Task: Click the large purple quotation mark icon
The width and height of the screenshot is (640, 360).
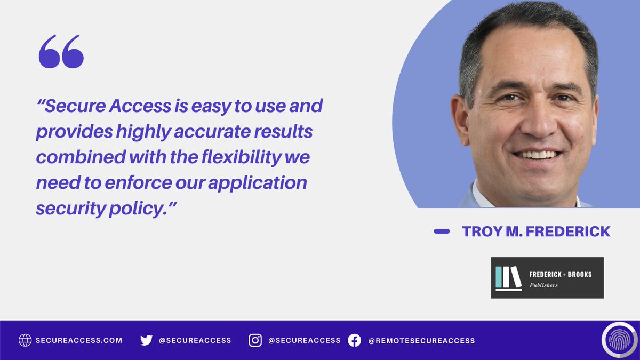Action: click(61, 52)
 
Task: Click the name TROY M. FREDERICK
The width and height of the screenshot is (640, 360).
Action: click(536, 231)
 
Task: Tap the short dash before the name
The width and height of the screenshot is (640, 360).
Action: click(442, 231)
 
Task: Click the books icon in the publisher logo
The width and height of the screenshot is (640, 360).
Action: click(508, 278)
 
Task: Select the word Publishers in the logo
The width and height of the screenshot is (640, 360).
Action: click(544, 285)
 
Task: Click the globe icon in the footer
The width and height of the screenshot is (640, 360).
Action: click(25, 340)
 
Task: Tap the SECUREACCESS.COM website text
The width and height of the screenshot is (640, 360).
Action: click(79, 340)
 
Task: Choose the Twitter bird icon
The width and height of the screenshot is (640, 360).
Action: click(146, 340)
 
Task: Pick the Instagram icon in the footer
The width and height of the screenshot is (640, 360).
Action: click(255, 340)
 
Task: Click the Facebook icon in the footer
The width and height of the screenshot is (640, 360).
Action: click(354, 340)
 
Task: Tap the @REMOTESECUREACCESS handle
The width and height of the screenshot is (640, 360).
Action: click(421, 340)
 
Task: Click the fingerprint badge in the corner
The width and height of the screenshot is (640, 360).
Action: click(619, 340)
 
